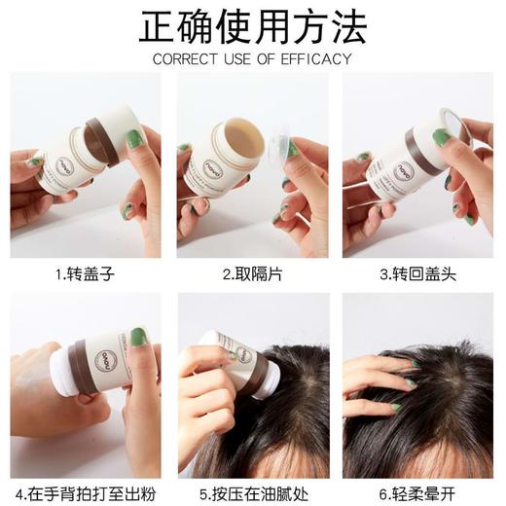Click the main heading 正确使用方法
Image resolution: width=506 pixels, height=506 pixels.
point(253,26)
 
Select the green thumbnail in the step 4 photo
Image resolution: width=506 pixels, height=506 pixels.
point(137,337)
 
